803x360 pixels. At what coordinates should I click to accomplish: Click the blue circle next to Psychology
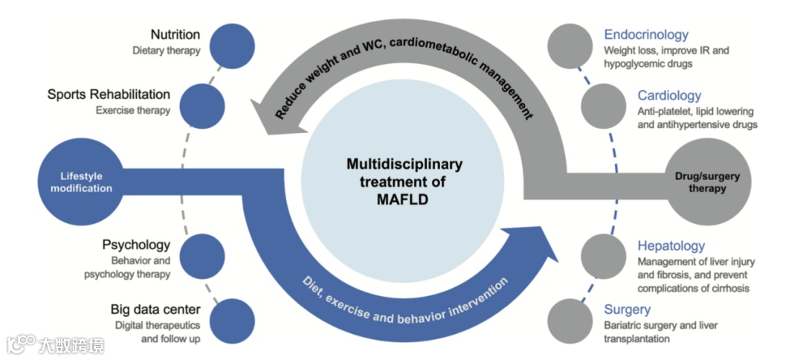coord(199,254)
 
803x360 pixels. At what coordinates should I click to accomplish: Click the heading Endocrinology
coord(645,35)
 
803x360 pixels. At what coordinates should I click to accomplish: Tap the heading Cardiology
coord(669,96)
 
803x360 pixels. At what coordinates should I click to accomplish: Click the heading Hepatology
coord(671,246)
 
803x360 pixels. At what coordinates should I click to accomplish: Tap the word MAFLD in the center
coord(404,199)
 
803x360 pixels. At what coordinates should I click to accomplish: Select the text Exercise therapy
coord(133,111)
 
